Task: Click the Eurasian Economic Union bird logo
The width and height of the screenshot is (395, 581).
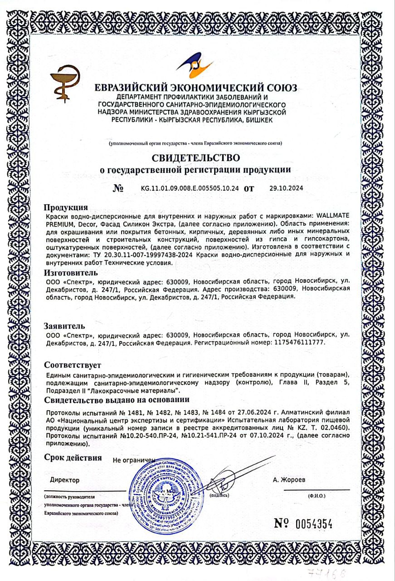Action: (195, 65)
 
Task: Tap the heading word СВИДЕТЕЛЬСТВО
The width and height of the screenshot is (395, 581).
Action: (195, 158)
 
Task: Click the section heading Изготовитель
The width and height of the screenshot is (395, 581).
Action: (70, 273)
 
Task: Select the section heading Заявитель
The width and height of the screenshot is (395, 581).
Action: (64, 326)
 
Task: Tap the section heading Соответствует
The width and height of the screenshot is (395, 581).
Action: (73, 365)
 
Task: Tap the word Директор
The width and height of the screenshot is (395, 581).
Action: (65, 480)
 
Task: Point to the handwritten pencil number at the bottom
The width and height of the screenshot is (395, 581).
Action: (327, 570)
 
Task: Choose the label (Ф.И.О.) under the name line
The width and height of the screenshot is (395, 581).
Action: (317, 496)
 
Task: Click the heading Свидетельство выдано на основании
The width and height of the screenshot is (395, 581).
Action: (117, 399)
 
